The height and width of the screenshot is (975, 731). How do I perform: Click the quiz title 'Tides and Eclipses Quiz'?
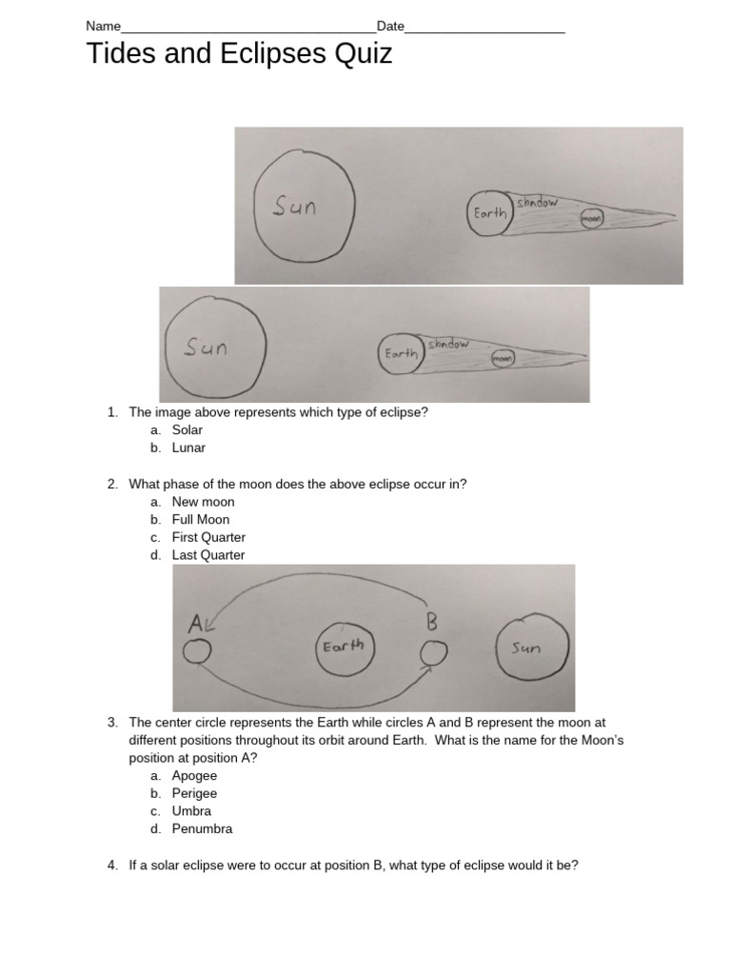239,54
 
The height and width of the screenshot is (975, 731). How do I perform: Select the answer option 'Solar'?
187,430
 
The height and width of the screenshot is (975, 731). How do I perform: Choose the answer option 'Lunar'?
188,448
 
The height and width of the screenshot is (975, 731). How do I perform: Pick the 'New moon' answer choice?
203,502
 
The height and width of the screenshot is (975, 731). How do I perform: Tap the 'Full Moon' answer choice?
200,520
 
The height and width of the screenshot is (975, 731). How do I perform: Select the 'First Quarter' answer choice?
208,537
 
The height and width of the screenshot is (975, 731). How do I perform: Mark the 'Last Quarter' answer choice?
208,555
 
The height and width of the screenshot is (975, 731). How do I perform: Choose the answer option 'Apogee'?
194,776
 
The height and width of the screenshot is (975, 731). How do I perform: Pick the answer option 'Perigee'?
194,793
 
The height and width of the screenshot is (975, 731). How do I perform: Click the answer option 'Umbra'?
191,811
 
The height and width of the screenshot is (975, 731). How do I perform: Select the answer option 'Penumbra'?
202,828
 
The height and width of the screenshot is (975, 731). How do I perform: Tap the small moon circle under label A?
197,652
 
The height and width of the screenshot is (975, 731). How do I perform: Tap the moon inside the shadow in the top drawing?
591,218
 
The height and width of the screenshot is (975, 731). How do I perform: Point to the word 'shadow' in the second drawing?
447,344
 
